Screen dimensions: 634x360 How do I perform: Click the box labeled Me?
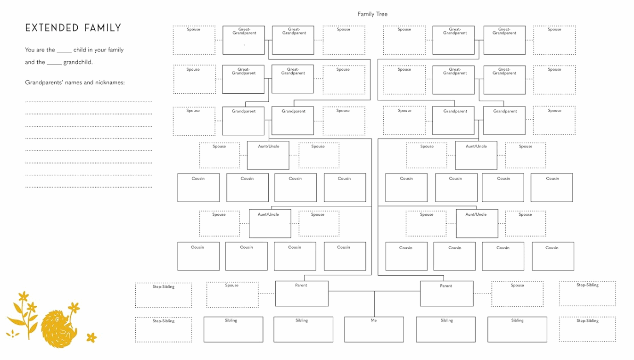[374, 329]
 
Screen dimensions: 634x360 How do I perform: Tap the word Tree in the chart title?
[382, 14]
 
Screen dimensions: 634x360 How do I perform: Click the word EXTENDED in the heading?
[52, 28]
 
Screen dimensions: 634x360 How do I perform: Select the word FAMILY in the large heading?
[103, 28]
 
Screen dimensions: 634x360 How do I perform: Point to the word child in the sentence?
[80, 49]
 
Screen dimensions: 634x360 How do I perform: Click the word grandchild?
[78, 62]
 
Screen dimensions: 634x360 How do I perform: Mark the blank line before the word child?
[64, 52]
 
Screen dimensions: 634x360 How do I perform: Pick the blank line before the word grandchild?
[54, 65]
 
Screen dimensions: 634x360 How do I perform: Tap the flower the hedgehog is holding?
[74, 307]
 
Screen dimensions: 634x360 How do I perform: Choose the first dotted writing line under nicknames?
[89, 102]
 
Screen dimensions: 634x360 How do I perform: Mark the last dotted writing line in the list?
[89, 187]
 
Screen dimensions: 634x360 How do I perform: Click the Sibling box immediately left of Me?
[303, 329]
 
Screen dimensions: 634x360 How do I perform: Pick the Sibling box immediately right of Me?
[445, 329]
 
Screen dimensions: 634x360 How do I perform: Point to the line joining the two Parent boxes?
[374, 291]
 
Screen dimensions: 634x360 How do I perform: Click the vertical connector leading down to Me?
[374, 303]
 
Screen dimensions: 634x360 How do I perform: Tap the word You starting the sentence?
[30, 50]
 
